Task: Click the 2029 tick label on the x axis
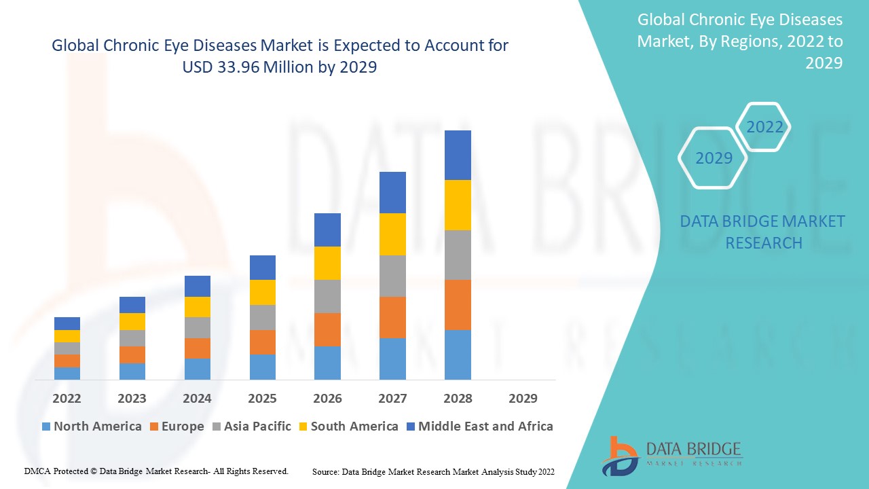pos(523,398)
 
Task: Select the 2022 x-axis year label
pos(67,398)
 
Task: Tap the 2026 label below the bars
pos(327,398)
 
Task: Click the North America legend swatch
pos(46,427)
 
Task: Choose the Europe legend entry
pos(177,427)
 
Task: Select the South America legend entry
pos(348,427)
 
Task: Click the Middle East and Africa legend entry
pos(479,427)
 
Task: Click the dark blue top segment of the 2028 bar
pos(458,155)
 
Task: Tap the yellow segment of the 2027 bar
pos(392,234)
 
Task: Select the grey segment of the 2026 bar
pos(327,296)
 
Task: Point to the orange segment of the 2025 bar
pos(262,342)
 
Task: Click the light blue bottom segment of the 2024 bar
pos(197,369)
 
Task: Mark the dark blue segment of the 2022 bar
pos(67,323)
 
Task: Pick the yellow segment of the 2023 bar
pos(132,321)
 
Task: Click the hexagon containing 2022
pos(764,127)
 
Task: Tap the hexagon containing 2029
pos(714,158)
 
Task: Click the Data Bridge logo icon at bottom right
pos(619,456)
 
